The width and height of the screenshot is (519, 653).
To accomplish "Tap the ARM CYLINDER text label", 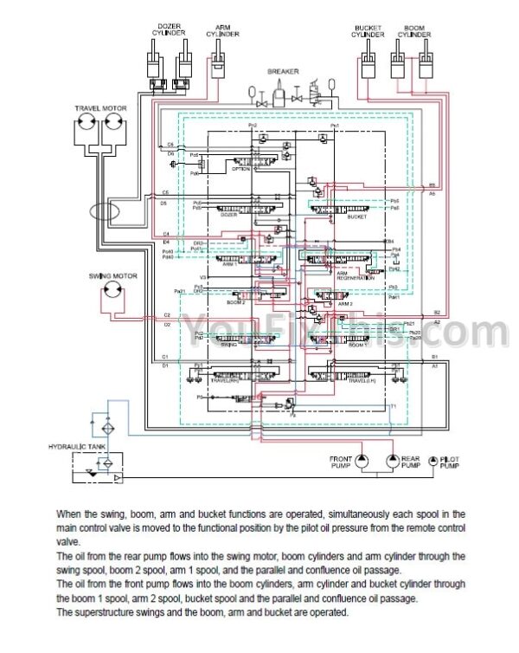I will pyautogui.click(x=227, y=30).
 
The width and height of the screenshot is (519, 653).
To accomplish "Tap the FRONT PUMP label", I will pyautogui.click(x=341, y=464).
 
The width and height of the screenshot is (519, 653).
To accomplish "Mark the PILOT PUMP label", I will pyautogui.click(x=450, y=464).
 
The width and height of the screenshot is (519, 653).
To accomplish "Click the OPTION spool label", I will pyautogui.click(x=240, y=169).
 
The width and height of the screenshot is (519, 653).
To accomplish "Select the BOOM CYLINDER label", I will pyautogui.click(x=414, y=30).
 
